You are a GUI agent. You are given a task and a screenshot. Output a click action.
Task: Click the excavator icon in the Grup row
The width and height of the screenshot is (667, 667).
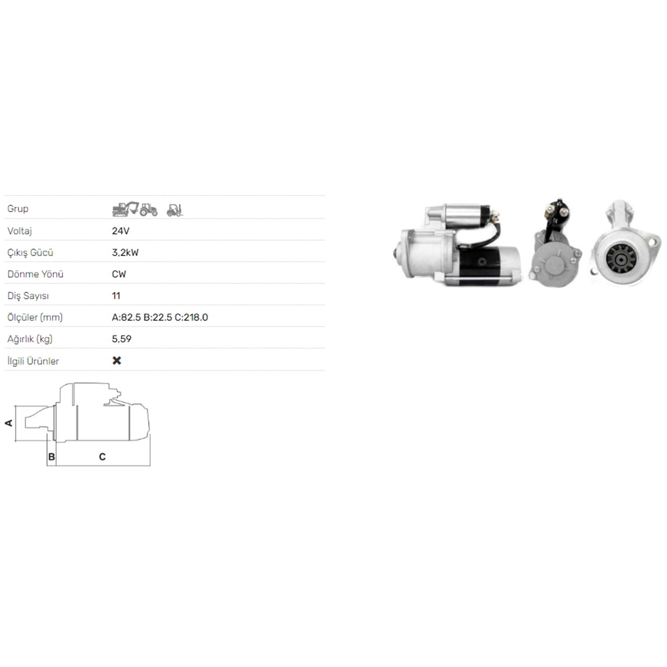click(125, 209)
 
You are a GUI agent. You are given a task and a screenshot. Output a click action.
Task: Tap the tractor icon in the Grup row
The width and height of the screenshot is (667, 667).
click(149, 209)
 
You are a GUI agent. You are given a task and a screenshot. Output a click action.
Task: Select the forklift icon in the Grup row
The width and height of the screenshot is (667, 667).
click(175, 210)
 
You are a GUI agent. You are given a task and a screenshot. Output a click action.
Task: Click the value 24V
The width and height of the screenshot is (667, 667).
click(121, 231)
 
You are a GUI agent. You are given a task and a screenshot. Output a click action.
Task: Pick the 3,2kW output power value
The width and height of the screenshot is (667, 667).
click(125, 253)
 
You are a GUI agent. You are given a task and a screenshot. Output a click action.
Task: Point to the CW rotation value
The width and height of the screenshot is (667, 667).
click(119, 274)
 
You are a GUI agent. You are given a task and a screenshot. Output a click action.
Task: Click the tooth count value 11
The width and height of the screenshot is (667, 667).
click(116, 296)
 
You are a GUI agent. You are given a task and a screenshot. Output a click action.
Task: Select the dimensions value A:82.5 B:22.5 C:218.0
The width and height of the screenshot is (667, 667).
click(160, 317)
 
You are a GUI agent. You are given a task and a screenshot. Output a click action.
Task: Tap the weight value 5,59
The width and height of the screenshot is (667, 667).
click(121, 339)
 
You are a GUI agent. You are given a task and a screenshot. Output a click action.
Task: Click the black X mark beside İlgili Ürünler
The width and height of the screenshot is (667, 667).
click(117, 360)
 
